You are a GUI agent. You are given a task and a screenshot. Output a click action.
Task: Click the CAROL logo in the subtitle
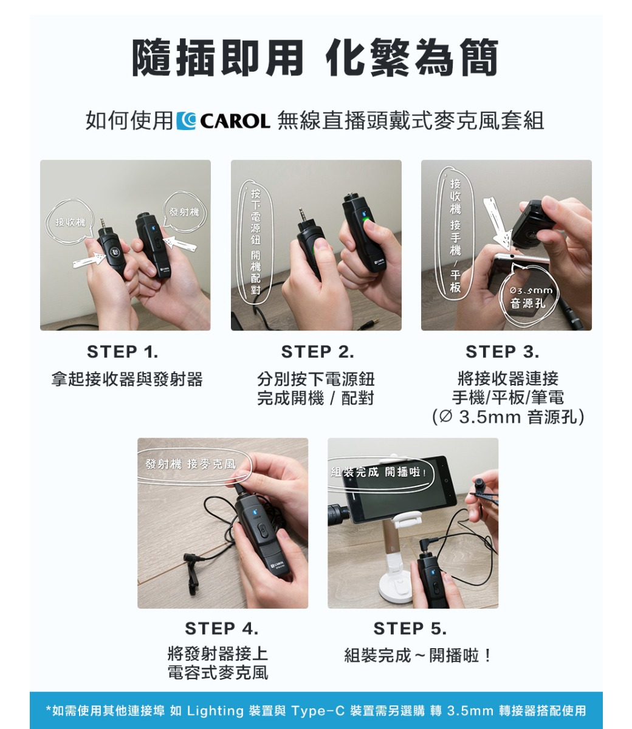[223, 121]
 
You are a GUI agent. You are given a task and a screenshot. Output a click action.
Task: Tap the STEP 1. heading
[122, 352]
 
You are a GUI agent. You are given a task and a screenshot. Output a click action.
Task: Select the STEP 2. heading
[317, 352]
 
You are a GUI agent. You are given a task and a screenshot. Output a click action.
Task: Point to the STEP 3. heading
[502, 352]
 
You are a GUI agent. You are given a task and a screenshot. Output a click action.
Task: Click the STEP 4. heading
[222, 629]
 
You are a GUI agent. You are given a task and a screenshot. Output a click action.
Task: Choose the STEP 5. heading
[410, 629]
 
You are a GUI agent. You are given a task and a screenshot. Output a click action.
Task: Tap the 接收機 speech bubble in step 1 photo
[70, 222]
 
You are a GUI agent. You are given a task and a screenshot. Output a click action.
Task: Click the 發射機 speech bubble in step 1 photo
[184, 212]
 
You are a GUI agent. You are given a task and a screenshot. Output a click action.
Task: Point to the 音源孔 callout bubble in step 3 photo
[527, 296]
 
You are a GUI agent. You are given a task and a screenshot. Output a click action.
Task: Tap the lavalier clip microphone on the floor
[192, 573]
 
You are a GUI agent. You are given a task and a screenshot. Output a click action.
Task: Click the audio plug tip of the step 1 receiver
[102, 223]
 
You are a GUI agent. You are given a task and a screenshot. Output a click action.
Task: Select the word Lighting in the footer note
[215, 710]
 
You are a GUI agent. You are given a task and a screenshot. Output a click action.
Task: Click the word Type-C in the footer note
[318, 710]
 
